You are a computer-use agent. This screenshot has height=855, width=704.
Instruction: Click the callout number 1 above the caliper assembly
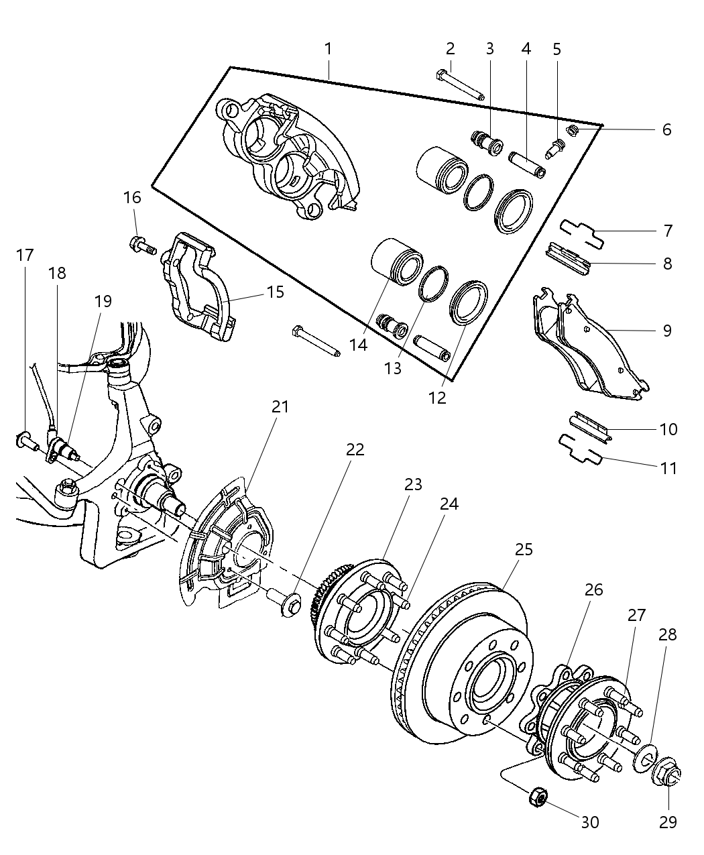tap(328, 49)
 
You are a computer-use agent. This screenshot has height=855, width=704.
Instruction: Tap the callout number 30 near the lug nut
tap(590, 821)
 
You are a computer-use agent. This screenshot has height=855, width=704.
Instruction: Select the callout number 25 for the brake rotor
tap(524, 549)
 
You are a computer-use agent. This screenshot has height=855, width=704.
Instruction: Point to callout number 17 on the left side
tap(25, 255)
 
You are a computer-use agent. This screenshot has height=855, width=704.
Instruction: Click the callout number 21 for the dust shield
tap(280, 406)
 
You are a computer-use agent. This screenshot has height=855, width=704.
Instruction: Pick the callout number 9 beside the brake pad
tap(667, 331)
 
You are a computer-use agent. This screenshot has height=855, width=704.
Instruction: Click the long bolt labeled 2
tap(463, 85)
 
